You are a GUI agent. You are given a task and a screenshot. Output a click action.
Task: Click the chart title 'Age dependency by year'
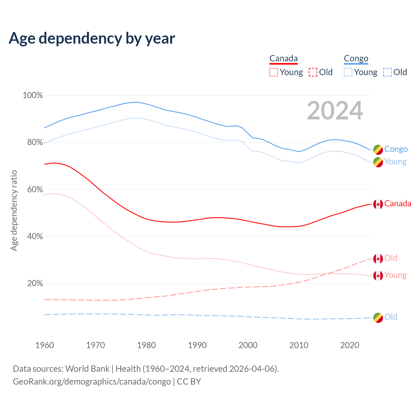[92, 38]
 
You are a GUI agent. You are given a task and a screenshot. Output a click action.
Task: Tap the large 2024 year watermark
[335, 111]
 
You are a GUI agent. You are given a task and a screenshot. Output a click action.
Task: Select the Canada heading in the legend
[283, 59]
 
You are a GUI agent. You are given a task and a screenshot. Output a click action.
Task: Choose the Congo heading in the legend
[356, 59]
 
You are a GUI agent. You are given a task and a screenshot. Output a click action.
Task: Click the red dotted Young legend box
[274, 72]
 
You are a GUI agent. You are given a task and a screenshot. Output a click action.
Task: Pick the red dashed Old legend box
[313, 72]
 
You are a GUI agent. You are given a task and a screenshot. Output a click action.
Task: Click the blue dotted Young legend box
[348, 72]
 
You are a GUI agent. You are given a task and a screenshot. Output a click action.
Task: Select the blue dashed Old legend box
[388, 72]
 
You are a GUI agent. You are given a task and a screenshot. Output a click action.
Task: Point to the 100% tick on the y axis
[33, 95]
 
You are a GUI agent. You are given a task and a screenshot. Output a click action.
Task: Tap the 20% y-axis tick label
[35, 283]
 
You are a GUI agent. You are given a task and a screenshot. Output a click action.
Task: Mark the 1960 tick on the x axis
[45, 345]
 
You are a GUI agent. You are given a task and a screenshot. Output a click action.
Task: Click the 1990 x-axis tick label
[197, 345]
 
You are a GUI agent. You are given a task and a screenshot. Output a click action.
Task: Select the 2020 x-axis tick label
[350, 345]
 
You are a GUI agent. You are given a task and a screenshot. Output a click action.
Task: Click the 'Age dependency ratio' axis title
[14, 210]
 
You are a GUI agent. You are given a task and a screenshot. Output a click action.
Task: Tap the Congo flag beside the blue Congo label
[378, 150]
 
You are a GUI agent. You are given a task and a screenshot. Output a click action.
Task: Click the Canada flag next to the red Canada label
[378, 204]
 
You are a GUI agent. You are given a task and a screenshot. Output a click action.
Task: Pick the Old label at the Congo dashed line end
[391, 317]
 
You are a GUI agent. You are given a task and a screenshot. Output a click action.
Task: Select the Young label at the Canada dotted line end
[395, 275]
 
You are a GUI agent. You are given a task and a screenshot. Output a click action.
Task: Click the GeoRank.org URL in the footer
[92, 382]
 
